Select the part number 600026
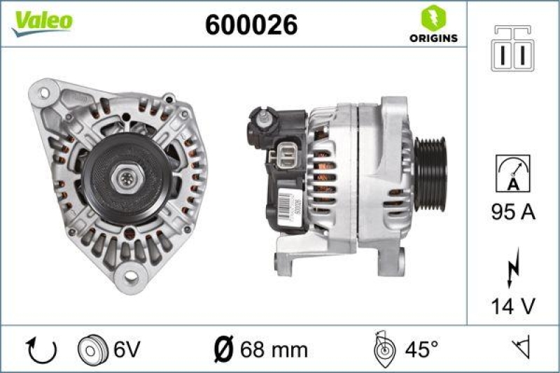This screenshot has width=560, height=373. pos(251,25)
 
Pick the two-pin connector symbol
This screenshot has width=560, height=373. pos(513,48)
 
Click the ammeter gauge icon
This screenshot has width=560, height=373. pos(513,173)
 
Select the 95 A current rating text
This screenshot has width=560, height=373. pos(513,212)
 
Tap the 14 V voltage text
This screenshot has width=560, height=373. pos(513,305)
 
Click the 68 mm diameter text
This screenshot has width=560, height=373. pos(267,349)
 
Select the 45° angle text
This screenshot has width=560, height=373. pos(421,349)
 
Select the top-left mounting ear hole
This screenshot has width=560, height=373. pos(45,92)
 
